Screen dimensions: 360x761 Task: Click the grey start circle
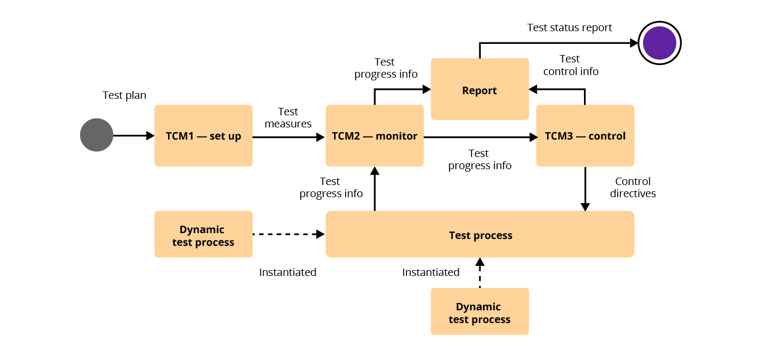(97, 135)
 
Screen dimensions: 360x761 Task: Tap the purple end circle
(660, 43)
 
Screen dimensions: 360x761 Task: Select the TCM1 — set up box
(203, 136)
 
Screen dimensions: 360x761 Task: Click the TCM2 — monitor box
(375, 136)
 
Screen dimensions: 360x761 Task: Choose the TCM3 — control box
(585, 136)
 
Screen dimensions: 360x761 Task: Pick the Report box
(479, 90)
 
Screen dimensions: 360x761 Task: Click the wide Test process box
(480, 235)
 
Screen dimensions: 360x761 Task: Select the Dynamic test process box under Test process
(479, 312)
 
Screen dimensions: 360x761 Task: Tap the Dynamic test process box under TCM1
(203, 235)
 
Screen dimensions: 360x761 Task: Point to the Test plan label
(124, 95)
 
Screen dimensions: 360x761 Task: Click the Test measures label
(288, 117)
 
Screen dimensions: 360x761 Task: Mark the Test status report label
(569, 27)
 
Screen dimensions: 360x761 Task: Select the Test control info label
(570, 65)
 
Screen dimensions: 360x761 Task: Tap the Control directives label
(633, 188)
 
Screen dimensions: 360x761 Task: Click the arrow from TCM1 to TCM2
(288, 137)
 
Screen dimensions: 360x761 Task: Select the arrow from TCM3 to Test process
(585, 189)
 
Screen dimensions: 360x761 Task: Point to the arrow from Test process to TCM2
(375, 189)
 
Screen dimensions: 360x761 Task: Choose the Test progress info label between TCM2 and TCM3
(479, 159)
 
